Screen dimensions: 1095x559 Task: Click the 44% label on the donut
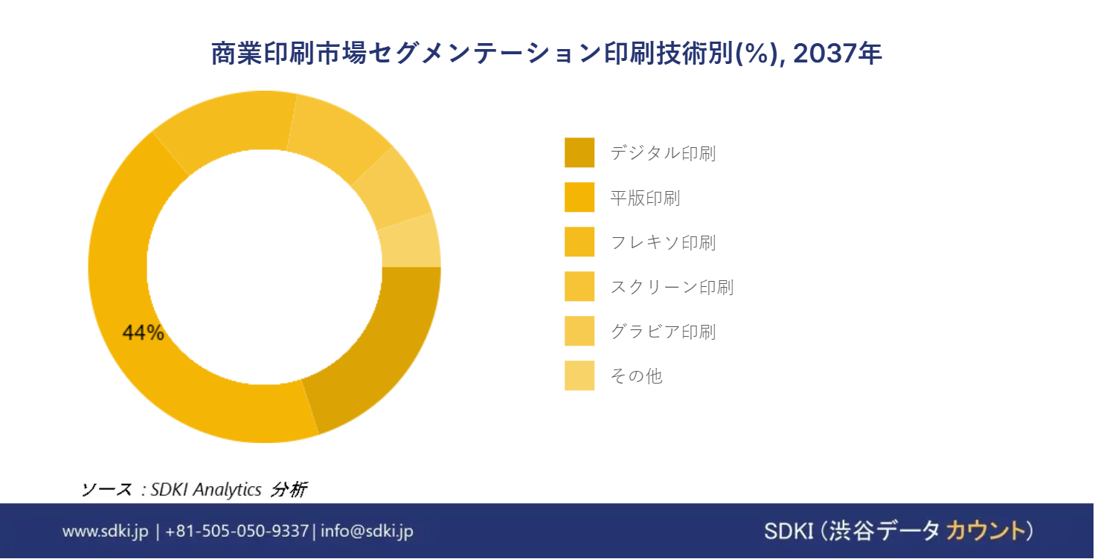point(144,333)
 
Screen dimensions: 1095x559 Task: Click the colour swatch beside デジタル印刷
point(579,152)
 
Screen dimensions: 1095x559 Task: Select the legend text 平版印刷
point(645,198)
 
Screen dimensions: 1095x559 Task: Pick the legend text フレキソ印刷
point(664,242)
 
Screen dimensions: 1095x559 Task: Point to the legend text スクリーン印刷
point(672,287)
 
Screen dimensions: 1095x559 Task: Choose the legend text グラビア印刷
point(664,332)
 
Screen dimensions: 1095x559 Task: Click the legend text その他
point(637,375)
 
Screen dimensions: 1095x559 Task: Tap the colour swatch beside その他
point(579,375)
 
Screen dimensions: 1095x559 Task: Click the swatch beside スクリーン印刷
point(579,286)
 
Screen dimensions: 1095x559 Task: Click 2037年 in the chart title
point(838,54)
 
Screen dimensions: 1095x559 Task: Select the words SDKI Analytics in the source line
point(206,489)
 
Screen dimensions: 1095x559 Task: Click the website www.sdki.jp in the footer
point(105,531)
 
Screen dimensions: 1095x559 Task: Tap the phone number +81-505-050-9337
point(237,531)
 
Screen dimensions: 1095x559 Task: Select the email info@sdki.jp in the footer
point(367,531)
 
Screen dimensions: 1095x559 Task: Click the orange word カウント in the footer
point(984,531)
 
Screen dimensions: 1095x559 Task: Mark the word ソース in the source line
point(106,489)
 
